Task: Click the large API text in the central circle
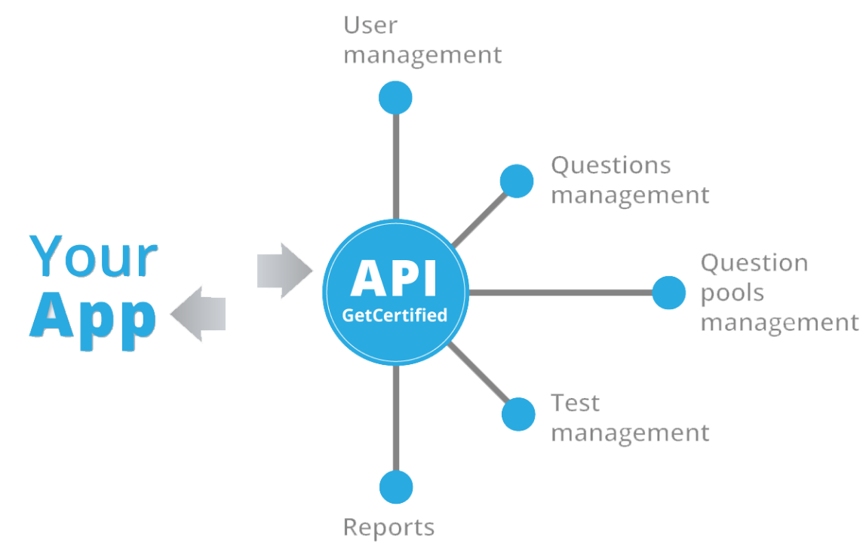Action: click(394, 277)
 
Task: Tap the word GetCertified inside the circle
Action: click(395, 314)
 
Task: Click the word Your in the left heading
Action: click(95, 256)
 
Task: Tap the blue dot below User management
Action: click(396, 97)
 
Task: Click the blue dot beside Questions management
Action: click(517, 181)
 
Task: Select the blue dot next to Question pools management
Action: click(668, 293)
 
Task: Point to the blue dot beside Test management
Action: click(519, 414)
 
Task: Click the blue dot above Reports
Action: click(396, 487)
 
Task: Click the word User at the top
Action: click(370, 25)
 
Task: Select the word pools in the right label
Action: click(732, 293)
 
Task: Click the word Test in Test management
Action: click(576, 403)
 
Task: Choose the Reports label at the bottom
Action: click(388, 527)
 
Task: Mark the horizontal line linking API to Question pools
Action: click(558, 293)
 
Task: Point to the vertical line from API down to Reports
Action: click(396, 419)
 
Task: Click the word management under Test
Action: click(631, 434)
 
